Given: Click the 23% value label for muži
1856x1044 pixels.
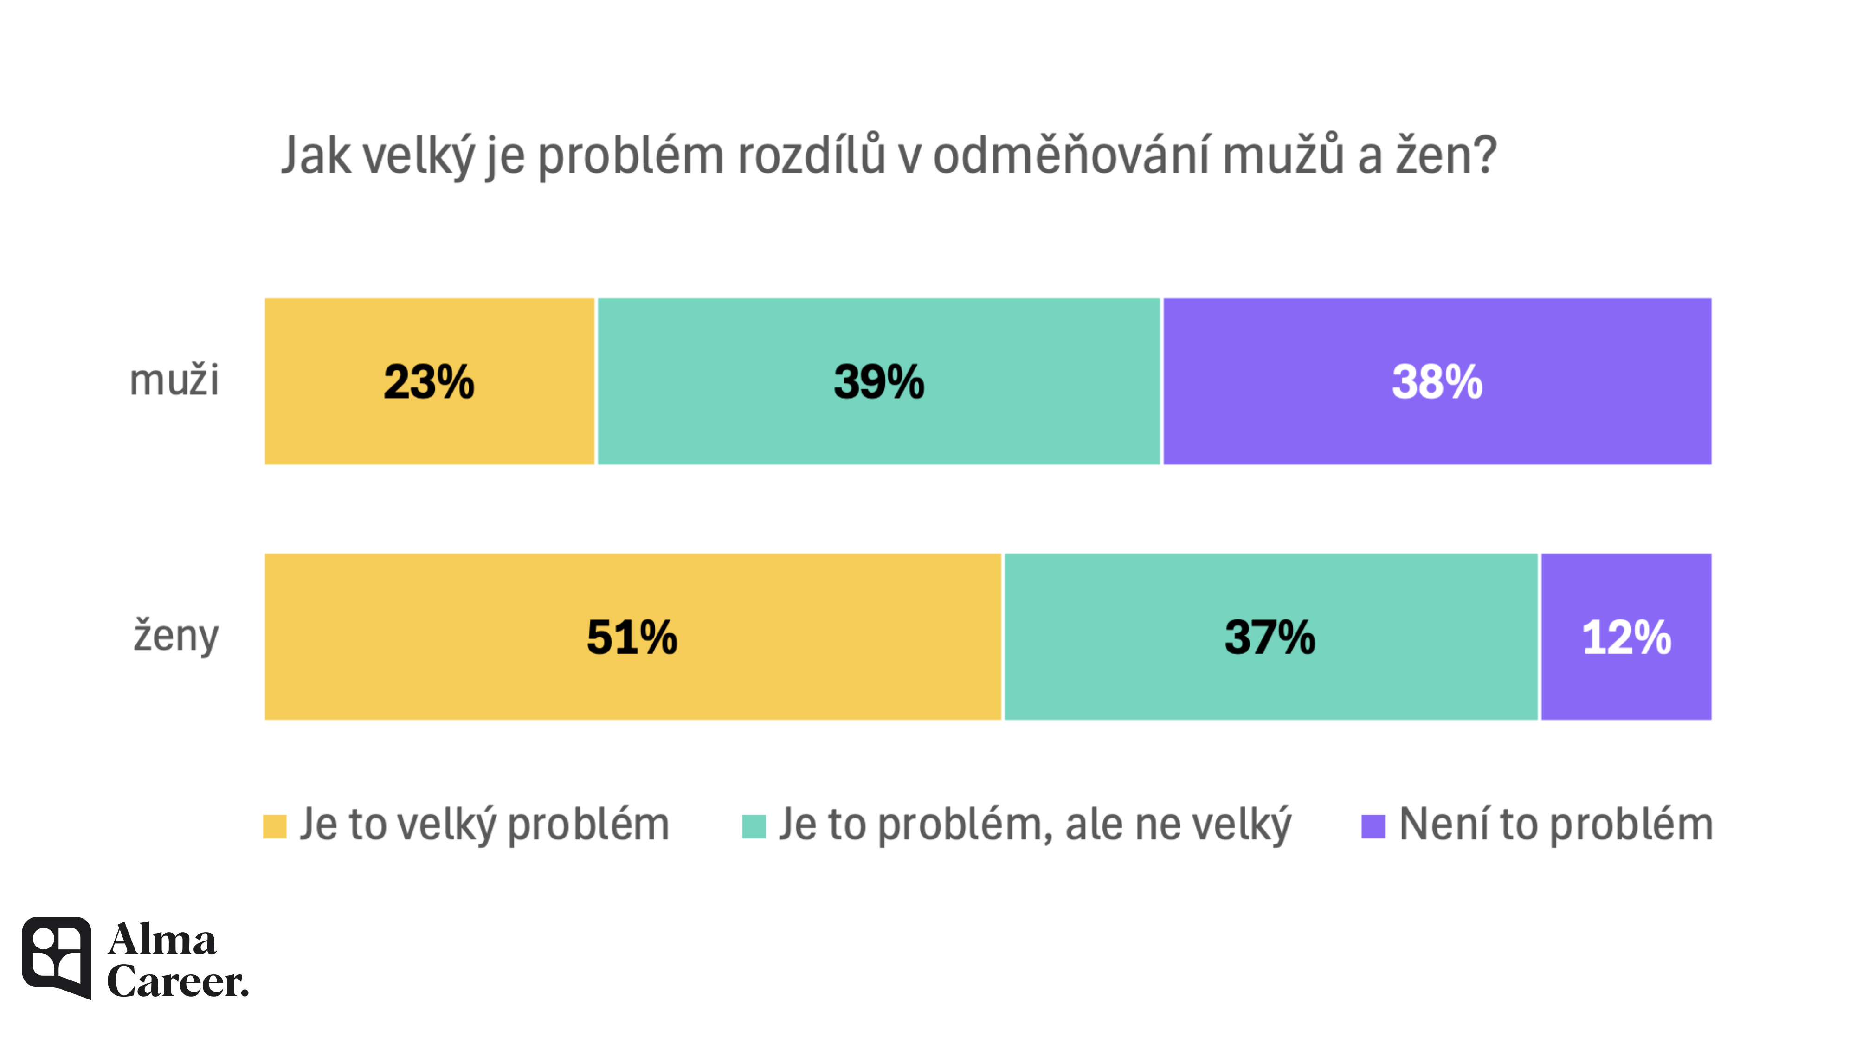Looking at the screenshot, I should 429,382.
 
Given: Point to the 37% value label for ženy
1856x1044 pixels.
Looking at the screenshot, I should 1270,637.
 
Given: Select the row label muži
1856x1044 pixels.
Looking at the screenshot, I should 174,380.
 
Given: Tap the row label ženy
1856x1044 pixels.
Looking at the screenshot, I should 176,636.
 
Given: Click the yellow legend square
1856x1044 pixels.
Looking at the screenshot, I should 275,826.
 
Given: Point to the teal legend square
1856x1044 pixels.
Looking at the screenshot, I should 754,826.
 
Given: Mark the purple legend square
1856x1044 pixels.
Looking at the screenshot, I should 1373,826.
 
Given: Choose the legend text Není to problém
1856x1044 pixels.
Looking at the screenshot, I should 1555,824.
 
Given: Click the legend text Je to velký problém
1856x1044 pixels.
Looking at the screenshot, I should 484,824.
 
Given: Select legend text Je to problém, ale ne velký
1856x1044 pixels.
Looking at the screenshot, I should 1035,824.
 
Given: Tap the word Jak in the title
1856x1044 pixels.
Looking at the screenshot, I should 316,155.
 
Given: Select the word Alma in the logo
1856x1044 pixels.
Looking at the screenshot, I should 162,940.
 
